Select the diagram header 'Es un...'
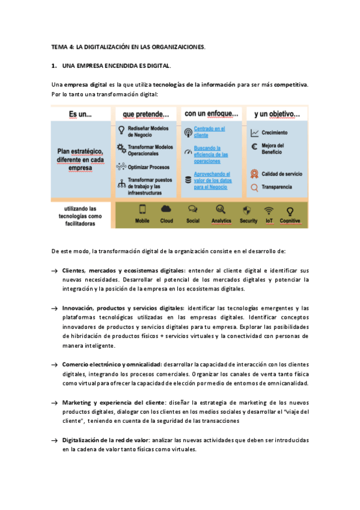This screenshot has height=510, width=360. [80, 113]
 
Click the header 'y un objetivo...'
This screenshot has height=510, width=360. [276, 113]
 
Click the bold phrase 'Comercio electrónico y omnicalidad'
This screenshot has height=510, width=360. [111, 364]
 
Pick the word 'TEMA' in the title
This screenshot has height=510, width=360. [59, 46]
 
